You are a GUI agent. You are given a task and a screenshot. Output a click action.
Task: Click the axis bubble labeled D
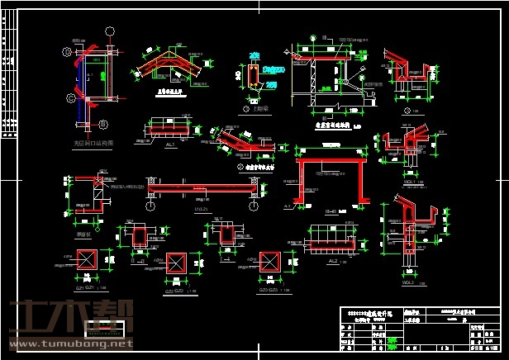click(68, 53)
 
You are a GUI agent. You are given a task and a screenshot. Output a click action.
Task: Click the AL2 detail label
click(332, 262)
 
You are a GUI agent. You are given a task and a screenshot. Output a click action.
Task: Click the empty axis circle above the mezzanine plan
click(109, 32)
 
